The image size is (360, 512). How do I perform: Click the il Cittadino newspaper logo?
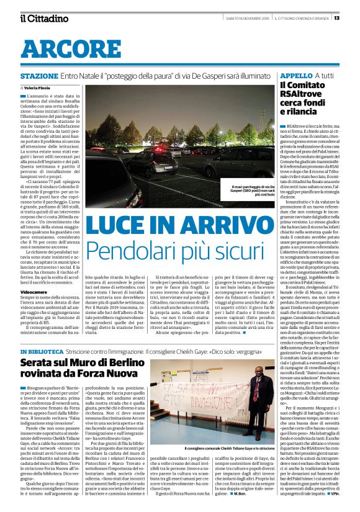coord(43,18)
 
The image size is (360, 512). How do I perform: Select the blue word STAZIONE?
coord(39,75)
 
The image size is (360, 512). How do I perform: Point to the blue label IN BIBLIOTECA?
coord(41,352)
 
